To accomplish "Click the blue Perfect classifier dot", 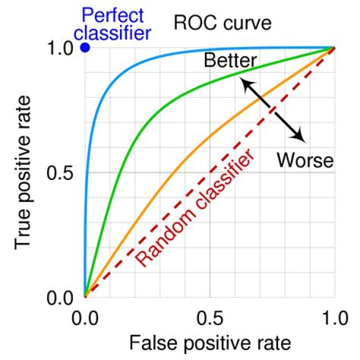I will tap(84, 48).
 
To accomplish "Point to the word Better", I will tap(230, 61).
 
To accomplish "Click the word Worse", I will tap(304, 160).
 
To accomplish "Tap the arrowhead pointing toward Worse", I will tap(299, 135).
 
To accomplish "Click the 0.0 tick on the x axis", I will tap(84, 319).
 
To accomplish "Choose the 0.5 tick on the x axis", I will tap(209, 319).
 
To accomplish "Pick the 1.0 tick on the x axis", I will tap(334, 319).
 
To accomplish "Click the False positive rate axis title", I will tap(209, 343).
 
